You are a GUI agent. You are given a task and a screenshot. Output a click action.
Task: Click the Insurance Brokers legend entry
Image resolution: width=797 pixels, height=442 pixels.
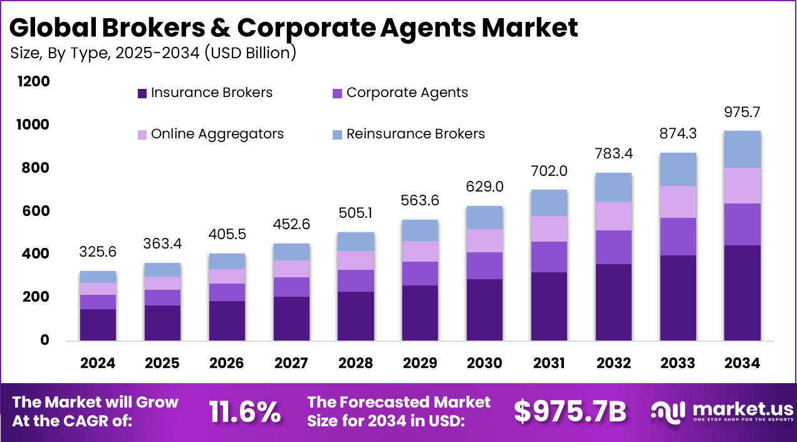point(205,93)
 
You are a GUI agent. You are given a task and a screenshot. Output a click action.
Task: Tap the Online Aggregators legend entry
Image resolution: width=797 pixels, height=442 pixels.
point(211,134)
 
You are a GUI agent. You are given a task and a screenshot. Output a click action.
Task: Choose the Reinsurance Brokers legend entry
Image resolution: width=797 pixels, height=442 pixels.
point(408,134)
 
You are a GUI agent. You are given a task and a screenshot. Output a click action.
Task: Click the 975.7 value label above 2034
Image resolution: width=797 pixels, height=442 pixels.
point(742,113)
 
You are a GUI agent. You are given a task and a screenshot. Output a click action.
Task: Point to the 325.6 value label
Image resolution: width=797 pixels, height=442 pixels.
point(98,252)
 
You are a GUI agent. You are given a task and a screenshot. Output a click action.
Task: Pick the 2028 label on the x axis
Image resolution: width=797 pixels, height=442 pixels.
point(356,363)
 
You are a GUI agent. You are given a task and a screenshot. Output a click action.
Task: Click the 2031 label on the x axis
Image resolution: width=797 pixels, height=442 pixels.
point(550,363)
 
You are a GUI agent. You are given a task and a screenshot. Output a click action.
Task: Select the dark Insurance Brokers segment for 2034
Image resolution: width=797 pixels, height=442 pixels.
point(742,292)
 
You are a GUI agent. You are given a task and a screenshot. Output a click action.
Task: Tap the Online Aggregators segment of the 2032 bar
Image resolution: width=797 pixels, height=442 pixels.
point(614,215)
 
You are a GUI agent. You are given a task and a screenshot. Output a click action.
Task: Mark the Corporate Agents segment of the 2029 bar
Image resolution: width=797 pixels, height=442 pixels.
point(420,273)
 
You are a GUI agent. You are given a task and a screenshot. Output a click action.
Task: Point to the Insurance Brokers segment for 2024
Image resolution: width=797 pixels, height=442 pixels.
point(98,324)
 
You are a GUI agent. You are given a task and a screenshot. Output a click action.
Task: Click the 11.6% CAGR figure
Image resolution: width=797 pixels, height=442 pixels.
point(244,411)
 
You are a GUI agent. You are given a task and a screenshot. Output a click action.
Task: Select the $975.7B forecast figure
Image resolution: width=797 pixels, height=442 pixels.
point(570,411)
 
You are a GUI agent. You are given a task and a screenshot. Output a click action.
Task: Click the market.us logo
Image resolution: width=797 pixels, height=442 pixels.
point(721,411)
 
